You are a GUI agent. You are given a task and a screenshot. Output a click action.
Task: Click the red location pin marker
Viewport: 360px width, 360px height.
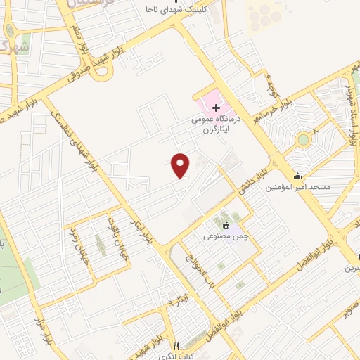tap(181, 165)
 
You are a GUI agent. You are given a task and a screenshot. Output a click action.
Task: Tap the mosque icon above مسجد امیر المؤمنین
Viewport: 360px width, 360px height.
tap(300, 176)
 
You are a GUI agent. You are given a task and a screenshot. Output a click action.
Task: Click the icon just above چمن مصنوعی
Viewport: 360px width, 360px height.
tap(225, 226)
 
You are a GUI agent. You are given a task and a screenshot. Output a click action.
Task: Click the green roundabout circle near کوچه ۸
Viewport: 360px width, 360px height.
tap(303, 140)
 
